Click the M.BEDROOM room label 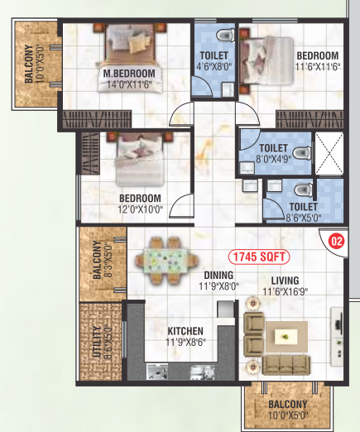[x=130, y=74]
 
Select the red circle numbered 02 [x=336, y=242]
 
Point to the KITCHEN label [x=185, y=331]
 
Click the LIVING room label [x=284, y=280]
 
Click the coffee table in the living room [x=286, y=338]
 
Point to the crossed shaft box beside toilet [x=330, y=153]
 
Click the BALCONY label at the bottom [x=289, y=405]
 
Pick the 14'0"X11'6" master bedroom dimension [x=131, y=84]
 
